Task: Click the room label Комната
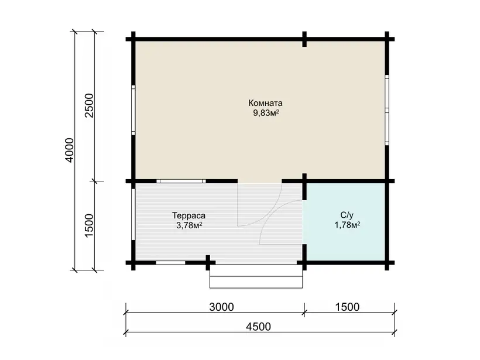tap(265, 103)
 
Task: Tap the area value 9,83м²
tap(266, 113)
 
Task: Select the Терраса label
tap(188, 216)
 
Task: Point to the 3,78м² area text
tap(189, 225)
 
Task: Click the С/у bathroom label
tap(347, 215)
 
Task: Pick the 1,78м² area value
tap(347, 225)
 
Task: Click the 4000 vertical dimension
tap(70, 150)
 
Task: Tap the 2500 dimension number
tap(89, 106)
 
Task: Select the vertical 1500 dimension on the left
tap(89, 225)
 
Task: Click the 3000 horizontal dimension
tap(221, 307)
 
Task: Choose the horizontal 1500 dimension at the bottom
tap(347, 307)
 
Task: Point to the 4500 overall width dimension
tap(258, 327)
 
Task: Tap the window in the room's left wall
tap(133, 110)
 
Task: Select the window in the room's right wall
tap(387, 110)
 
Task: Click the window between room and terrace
tap(181, 181)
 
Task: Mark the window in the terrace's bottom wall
tap(170, 263)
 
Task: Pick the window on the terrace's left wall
tap(133, 214)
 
